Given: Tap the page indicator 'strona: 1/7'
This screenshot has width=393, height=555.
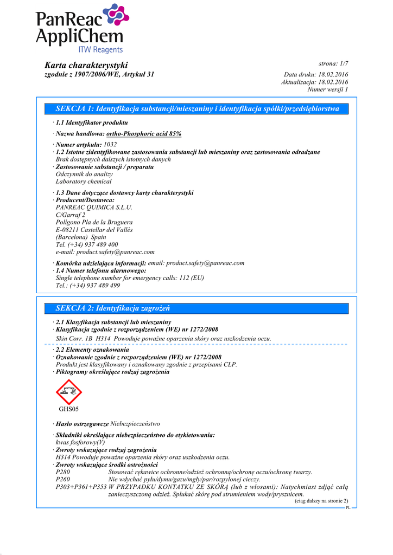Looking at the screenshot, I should coord(333,63).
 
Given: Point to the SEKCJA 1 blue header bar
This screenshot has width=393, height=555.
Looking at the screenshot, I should coord(198,109).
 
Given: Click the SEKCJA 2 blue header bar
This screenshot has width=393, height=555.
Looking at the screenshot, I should coord(198,308).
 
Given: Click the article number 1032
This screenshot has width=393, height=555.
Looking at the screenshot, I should coord(110,144).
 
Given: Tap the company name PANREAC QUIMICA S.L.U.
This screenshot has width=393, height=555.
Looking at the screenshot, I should coord(94,207).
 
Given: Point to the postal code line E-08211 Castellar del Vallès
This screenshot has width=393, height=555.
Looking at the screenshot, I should coord(94,230).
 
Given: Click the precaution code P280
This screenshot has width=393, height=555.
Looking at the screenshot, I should coord(63,472).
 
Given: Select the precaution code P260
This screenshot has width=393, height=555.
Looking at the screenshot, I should coord(63,479).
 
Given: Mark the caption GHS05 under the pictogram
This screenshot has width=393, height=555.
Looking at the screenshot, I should coord(68,409).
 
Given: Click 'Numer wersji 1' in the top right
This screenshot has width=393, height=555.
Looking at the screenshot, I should coord(327,89).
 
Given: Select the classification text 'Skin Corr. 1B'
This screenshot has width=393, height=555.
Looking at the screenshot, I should coord(74,338).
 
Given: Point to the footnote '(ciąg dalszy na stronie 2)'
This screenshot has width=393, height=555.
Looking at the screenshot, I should coord(321,501).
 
